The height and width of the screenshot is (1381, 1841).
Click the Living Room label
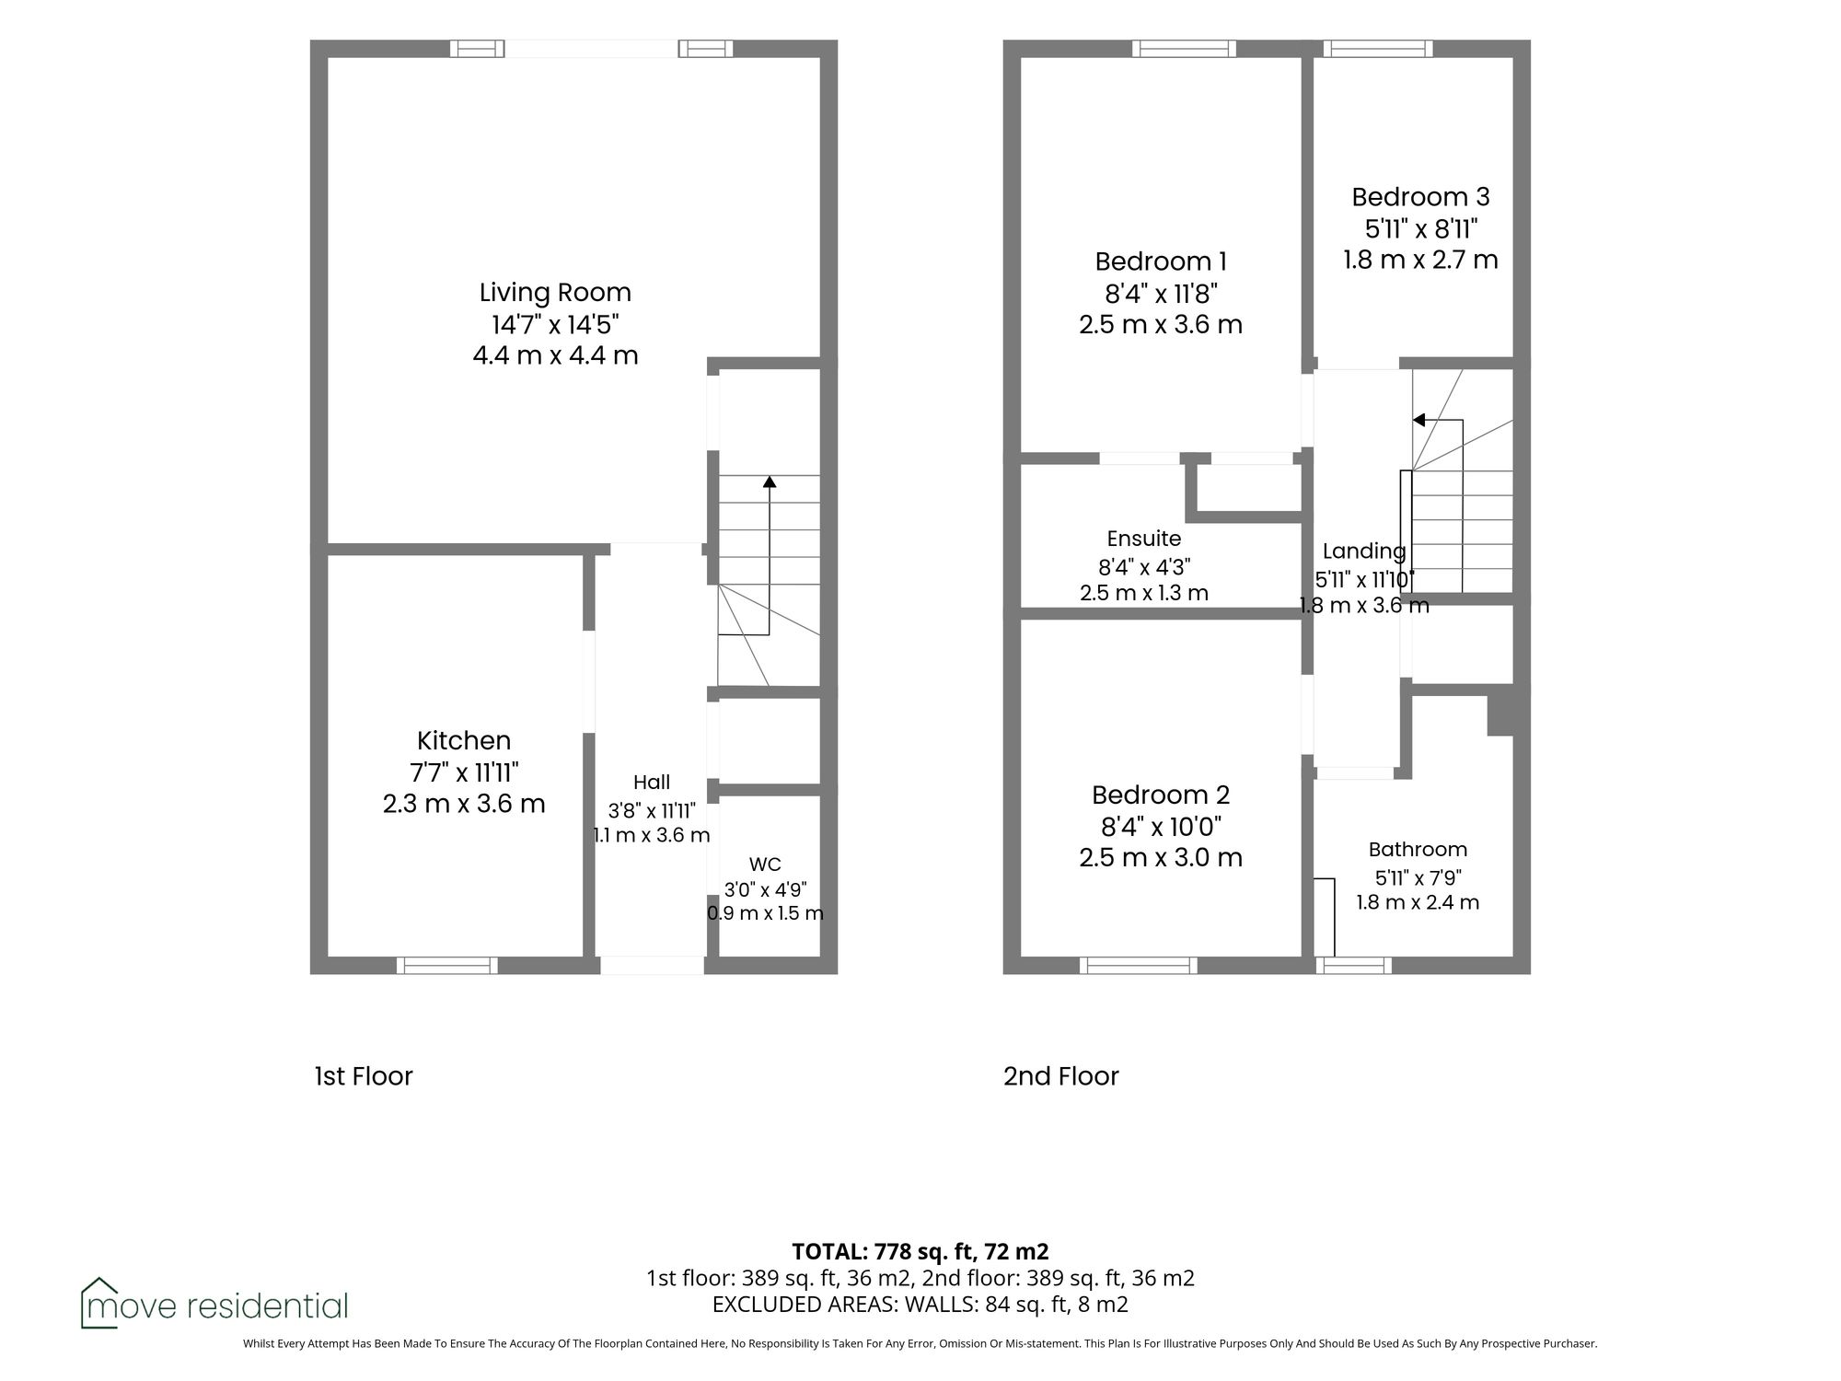pyautogui.click(x=555, y=293)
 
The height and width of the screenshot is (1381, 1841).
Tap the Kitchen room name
pyautogui.click(x=464, y=740)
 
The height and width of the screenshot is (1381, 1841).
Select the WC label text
pyautogui.click(x=765, y=865)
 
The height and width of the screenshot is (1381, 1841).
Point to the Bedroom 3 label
pyautogui.click(x=1420, y=197)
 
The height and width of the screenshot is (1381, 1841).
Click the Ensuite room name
pyautogui.click(x=1144, y=539)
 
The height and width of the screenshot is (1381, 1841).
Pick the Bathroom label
pyautogui.click(x=1418, y=850)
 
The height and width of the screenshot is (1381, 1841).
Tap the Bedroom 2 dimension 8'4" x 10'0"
pyautogui.click(x=1161, y=827)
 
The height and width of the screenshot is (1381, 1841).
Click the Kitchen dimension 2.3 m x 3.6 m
pyautogui.click(x=464, y=804)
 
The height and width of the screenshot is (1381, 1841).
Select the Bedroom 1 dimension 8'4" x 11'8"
pyautogui.click(x=1161, y=294)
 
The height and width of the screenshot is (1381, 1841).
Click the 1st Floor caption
pyautogui.click(x=364, y=1076)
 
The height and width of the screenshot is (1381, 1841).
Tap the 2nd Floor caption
pyautogui.click(x=1060, y=1076)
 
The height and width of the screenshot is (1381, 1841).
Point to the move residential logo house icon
pyautogui.click(x=99, y=1302)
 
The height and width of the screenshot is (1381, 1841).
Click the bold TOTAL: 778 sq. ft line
pyautogui.click(x=920, y=1251)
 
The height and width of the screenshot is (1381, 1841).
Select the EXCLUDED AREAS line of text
pyautogui.click(x=920, y=1305)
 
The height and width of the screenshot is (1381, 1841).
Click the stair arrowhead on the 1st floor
pyautogui.click(x=770, y=482)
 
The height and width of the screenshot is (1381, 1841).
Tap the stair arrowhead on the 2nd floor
pyautogui.click(x=1419, y=421)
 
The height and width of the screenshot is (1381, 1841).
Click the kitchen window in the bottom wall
pyautogui.click(x=447, y=965)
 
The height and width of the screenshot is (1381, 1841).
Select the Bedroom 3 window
pyautogui.click(x=1378, y=49)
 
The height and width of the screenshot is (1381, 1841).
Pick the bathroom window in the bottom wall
pyautogui.click(x=1353, y=965)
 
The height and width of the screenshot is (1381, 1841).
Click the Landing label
pyautogui.click(x=1364, y=551)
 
